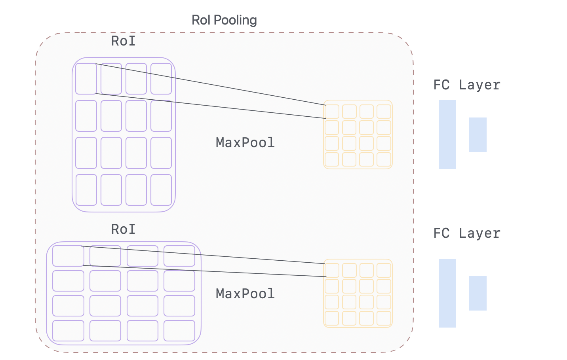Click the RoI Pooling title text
click(x=224, y=20)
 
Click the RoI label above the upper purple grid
click(x=123, y=41)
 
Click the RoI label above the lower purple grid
click(x=123, y=229)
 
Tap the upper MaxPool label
click(x=245, y=143)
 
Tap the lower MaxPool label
click(x=245, y=294)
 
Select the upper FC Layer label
click(x=467, y=85)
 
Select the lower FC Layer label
click(x=467, y=233)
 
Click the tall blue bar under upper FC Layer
click(x=447, y=135)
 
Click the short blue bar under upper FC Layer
click(x=478, y=135)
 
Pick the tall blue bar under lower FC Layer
click(x=447, y=293)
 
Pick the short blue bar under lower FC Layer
click(x=478, y=293)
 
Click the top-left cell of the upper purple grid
click(x=86, y=79)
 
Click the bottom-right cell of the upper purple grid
click(x=161, y=190)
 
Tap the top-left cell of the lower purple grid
click(x=68, y=256)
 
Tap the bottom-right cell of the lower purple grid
click(x=179, y=331)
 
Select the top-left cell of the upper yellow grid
click(x=332, y=112)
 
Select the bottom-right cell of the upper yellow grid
click(x=384, y=159)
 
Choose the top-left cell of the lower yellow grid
click(x=332, y=271)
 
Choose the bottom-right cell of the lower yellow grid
click(x=384, y=318)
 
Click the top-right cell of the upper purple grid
click(x=161, y=79)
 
